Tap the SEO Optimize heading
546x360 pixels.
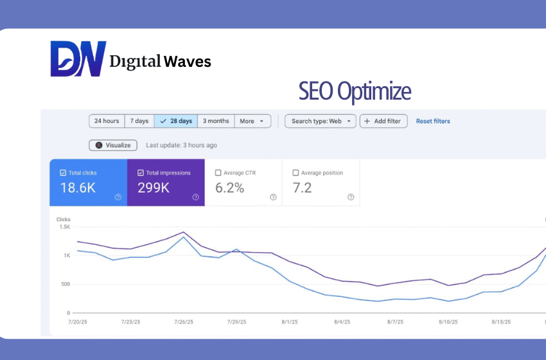click(x=355, y=91)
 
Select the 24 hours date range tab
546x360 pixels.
click(x=107, y=121)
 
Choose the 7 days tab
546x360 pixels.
click(x=139, y=121)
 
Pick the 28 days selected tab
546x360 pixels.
click(x=176, y=121)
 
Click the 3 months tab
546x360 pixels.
click(x=216, y=121)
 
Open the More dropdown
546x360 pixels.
click(x=252, y=121)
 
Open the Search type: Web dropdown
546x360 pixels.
click(x=321, y=121)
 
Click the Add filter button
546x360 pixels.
click(x=383, y=121)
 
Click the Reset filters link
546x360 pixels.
click(x=433, y=121)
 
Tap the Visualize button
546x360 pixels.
click(x=114, y=145)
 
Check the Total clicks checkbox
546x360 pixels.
click(x=63, y=173)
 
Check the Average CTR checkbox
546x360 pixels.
click(x=218, y=173)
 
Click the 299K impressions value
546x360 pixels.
click(x=154, y=188)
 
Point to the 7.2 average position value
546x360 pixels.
click(x=302, y=188)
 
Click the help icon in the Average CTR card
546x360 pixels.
click(x=273, y=197)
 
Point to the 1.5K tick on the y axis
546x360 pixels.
click(x=64, y=227)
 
